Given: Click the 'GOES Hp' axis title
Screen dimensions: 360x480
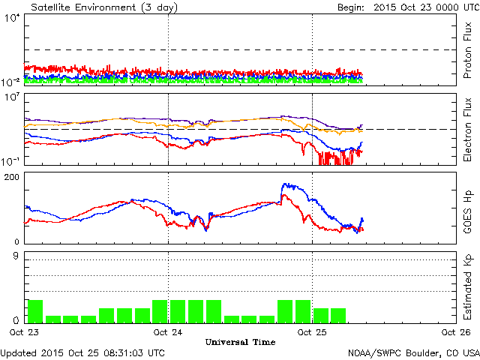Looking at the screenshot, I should [466, 208].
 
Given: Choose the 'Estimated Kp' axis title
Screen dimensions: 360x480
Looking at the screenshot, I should [466, 287].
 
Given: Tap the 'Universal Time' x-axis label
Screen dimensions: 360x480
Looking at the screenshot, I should [239, 341].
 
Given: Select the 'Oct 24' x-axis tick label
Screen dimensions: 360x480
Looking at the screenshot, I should [168, 331].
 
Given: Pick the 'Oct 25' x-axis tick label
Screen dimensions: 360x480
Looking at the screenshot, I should [312, 331].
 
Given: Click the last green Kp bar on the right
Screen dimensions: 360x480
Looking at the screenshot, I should [338, 315].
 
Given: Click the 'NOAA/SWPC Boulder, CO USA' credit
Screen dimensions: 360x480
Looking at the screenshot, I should [413, 352].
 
